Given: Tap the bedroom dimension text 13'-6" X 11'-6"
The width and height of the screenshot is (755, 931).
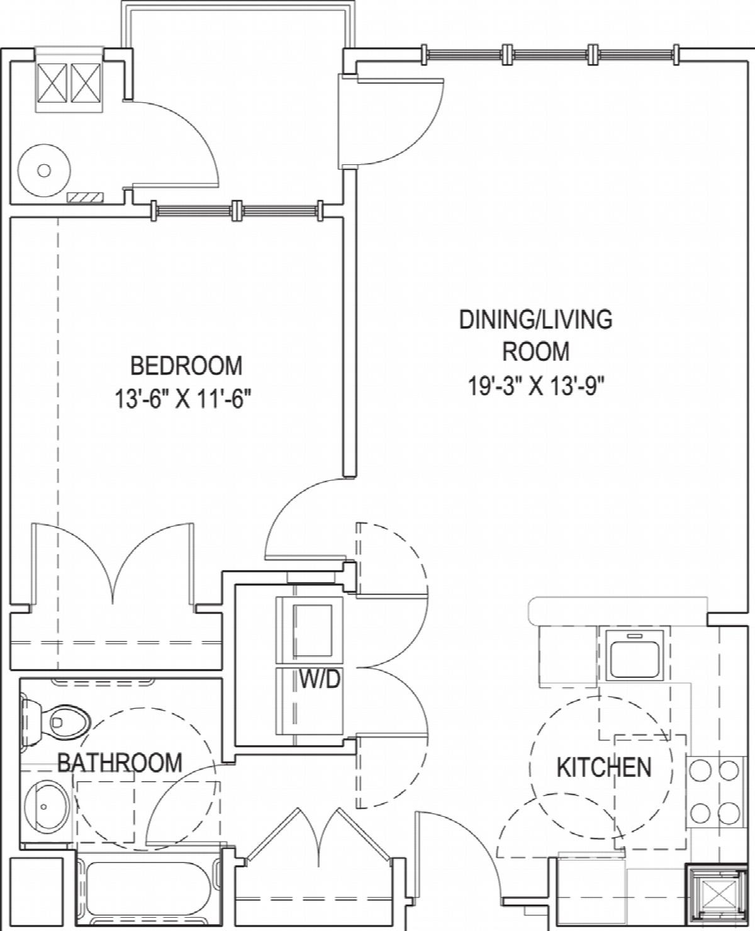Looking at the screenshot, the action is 184,399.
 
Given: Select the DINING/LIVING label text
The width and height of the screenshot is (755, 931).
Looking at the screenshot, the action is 535,320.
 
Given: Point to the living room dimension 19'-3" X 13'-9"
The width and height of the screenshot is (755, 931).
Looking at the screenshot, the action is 536,386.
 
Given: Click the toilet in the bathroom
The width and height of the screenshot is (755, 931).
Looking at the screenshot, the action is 55,723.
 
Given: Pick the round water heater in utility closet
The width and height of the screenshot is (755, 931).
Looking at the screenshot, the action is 43,170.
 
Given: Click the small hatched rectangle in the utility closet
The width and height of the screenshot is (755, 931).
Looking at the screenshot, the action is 85,196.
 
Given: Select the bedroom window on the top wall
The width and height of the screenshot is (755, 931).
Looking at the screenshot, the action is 237,211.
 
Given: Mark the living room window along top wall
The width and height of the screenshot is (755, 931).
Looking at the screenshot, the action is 550,55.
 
